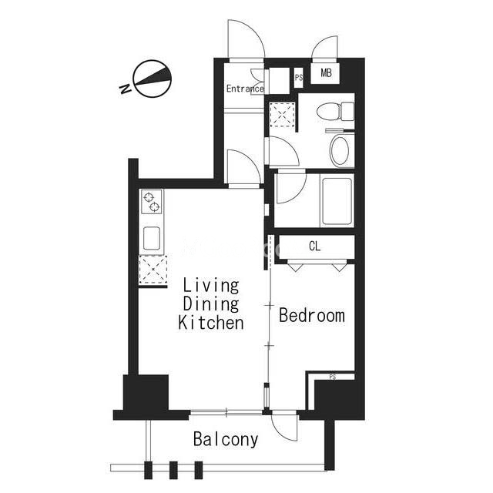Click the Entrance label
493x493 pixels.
point(245,89)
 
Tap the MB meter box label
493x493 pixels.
point(326,73)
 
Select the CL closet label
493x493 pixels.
point(314,246)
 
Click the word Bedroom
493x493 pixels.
point(312,315)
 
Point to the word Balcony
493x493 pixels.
point(226,439)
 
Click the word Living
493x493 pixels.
point(211,286)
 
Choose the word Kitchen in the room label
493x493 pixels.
point(211,323)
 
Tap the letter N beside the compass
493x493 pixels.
point(126,89)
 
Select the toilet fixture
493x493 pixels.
point(335,111)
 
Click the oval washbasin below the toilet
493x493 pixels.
point(340,151)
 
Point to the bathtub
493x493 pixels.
point(337,201)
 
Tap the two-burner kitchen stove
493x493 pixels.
point(152,202)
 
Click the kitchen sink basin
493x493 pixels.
point(152,238)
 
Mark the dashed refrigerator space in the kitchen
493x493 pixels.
point(153,270)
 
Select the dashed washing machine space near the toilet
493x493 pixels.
point(283,114)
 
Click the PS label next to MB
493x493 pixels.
point(299,77)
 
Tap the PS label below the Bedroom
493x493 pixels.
point(333,377)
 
